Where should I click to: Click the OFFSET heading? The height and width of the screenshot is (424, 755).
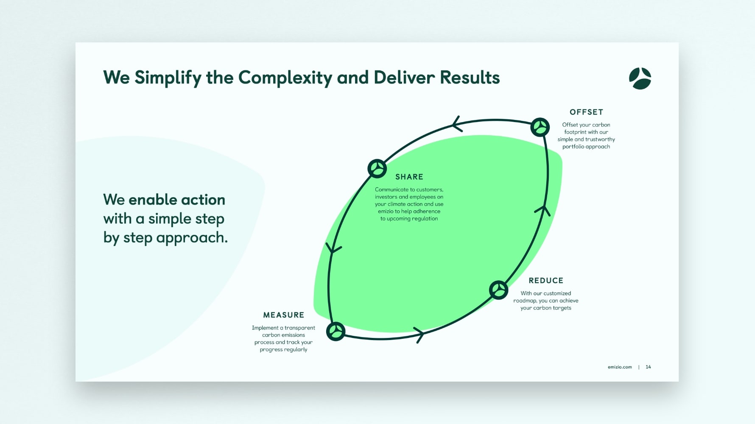coord(586,112)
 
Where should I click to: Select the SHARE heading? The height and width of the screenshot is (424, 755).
coord(409,177)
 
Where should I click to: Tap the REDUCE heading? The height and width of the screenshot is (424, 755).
coord(546,281)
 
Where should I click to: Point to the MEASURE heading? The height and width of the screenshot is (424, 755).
coord(284,315)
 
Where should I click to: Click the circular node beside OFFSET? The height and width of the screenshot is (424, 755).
coord(540,127)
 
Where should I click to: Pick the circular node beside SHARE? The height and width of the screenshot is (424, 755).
coord(377,169)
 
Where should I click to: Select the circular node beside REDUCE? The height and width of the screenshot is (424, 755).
coord(499,290)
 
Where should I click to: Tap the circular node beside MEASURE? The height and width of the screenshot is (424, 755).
coord(336,331)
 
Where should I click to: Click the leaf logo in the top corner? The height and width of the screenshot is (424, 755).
coord(640,78)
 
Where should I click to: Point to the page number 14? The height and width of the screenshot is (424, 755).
coord(648,367)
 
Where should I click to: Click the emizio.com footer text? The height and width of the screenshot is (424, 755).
coord(620,367)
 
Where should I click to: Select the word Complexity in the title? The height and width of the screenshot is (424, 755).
coord(285,78)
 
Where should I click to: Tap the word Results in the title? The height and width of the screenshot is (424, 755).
coord(470,78)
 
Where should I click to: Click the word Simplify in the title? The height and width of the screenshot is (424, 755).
coord(168,78)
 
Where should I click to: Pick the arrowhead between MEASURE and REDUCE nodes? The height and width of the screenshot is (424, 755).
coord(419,335)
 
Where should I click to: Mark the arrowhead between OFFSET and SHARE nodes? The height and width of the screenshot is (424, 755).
coord(456,124)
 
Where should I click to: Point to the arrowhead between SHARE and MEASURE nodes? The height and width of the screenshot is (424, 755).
coord(333,248)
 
